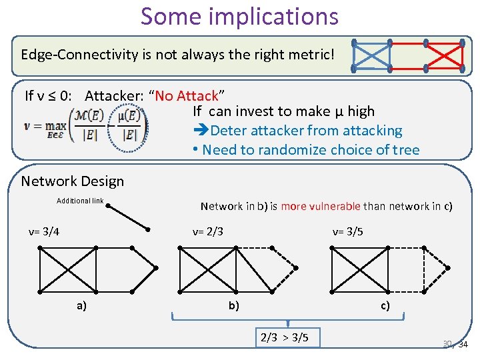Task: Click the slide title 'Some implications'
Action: point(239,16)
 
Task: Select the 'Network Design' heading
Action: point(73,181)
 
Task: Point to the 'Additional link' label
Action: point(80,201)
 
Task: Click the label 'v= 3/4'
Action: point(44,232)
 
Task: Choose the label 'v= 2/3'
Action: point(207,232)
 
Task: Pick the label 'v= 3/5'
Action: point(347,232)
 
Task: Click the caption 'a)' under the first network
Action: point(81,306)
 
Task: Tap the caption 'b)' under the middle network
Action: point(233,306)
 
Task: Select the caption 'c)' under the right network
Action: point(385,306)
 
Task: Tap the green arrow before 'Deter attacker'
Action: point(201,131)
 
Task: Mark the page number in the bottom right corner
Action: point(456,344)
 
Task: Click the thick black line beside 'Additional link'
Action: point(127,215)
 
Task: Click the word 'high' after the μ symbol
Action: point(361,111)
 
